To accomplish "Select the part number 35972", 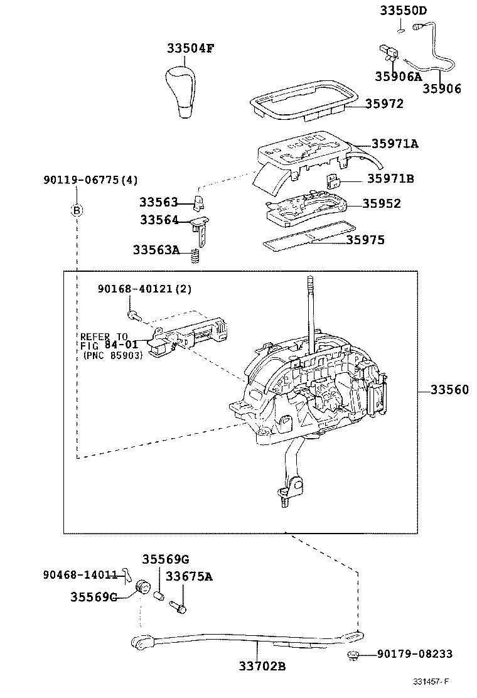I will pos(384,104).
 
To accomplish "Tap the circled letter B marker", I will pos(77,210).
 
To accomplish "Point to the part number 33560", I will pos(449,390).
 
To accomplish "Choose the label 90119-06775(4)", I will pos(90,180).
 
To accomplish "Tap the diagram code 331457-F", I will pos(432,682).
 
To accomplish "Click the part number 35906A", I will pos(398,77).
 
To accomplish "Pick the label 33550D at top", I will pos(403,11).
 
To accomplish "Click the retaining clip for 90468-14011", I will pos(125,574).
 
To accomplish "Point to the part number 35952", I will pos(382,204).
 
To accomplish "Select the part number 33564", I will pos(159,220).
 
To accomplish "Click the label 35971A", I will pos(394,144).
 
